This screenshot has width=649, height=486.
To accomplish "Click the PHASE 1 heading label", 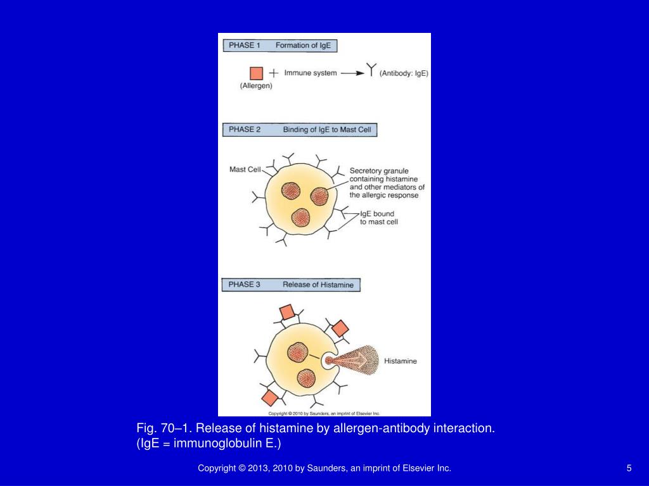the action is [243, 46].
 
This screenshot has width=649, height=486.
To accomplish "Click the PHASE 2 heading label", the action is [244, 130].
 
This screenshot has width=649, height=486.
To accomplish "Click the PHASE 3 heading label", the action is [244, 285].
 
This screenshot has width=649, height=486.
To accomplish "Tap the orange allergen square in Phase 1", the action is [256, 73].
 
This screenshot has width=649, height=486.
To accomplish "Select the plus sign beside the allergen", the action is [273, 73].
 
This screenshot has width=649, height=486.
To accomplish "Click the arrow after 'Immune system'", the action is [352, 73].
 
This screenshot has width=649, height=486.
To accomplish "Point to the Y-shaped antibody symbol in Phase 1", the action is [372, 70].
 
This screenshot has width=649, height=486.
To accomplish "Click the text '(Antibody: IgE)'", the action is [404, 73].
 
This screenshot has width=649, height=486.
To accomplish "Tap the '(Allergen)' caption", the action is [256, 87].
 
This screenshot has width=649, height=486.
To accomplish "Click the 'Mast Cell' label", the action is [245, 170].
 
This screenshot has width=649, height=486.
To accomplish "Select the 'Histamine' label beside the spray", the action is [401, 361].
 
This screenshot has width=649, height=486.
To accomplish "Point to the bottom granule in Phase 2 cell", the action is [300, 218].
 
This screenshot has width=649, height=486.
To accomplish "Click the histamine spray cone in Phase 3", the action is [358, 361].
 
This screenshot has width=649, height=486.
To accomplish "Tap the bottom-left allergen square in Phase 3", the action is [269, 397].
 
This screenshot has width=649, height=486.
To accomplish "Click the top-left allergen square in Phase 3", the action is [286, 312].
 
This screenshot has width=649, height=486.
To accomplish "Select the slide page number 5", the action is [629, 468].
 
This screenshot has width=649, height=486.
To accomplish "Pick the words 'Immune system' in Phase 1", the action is [311, 73].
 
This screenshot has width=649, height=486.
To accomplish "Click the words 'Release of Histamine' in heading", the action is [318, 285].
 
